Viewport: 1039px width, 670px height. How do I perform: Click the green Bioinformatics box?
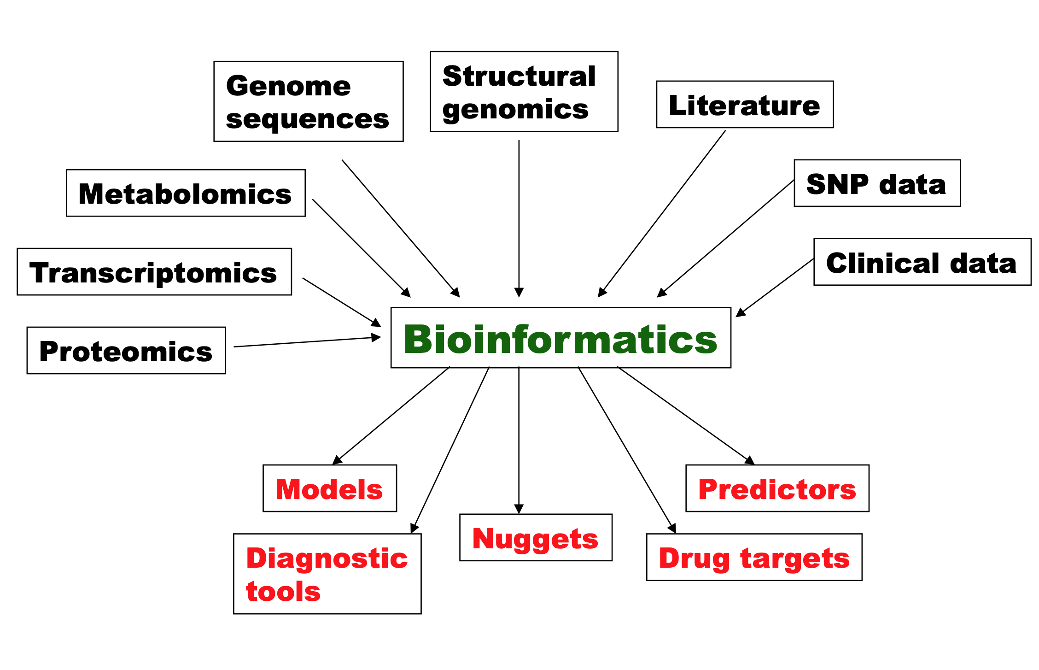tap(560, 338)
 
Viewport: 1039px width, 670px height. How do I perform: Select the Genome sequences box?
tap(308, 101)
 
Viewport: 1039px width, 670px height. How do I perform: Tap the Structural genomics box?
tap(524, 92)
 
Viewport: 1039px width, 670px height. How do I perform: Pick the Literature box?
tap(744, 105)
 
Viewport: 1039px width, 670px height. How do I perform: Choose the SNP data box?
tap(877, 183)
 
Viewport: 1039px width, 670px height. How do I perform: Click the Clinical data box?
tap(922, 262)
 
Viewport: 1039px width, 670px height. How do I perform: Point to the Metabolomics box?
tap(186, 193)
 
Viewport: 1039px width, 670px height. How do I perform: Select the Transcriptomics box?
tap(154, 272)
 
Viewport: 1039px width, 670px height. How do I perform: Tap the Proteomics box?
tap(126, 351)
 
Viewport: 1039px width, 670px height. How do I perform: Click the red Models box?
tap(329, 488)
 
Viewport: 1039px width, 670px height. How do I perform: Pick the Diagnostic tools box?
tap(327, 574)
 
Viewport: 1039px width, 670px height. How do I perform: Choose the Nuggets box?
tap(536, 538)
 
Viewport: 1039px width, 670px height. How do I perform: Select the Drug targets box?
tap(754, 557)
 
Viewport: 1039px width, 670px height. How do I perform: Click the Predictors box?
tap(777, 488)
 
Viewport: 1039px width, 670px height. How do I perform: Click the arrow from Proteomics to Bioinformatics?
tap(306, 342)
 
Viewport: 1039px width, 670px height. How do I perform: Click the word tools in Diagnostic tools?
tap(283, 591)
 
